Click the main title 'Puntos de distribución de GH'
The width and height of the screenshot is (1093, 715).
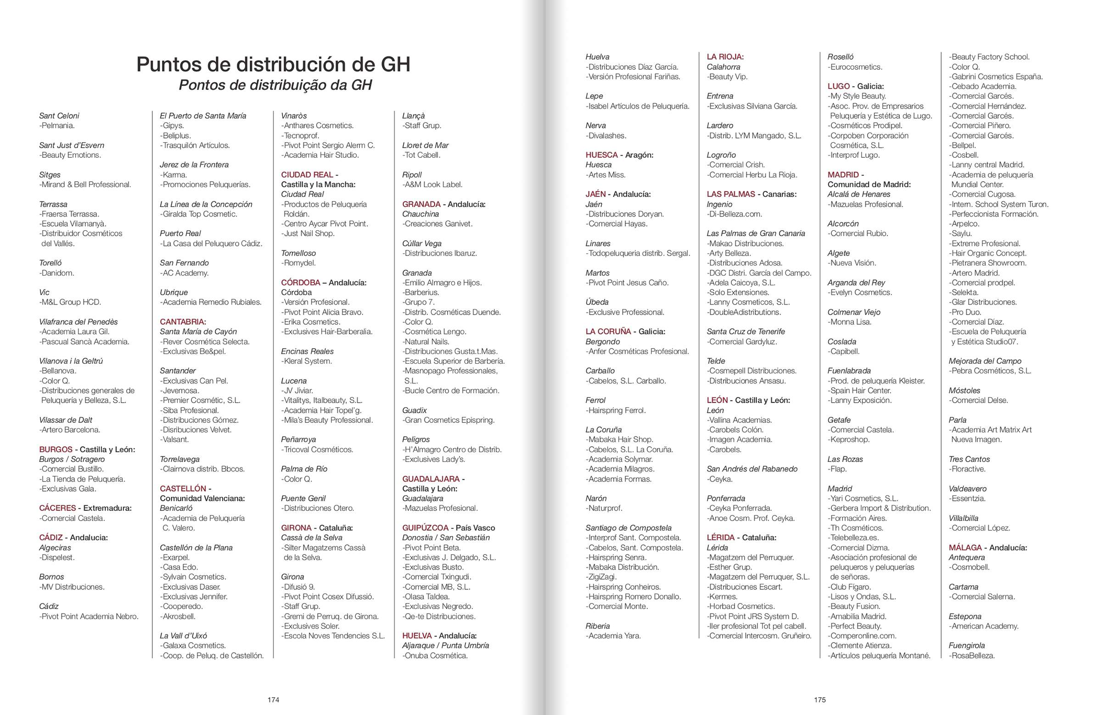pyautogui.click(x=273, y=64)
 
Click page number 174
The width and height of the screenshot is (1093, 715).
pyautogui.click(x=273, y=700)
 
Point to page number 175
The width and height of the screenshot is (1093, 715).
pyautogui.click(x=820, y=700)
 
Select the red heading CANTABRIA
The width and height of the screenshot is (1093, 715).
pyautogui.click(x=182, y=321)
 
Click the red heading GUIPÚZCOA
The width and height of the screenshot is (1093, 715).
pyautogui.click(x=425, y=528)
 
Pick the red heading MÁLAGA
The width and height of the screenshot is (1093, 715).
pyautogui.click(x=965, y=548)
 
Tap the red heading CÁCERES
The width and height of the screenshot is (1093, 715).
pyautogui.click(x=57, y=508)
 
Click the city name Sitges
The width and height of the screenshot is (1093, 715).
pyautogui.click(x=50, y=175)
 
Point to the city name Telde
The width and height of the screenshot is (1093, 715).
pyautogui.click(x=716, y=361)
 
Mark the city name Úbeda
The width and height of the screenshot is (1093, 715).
pyautogui.click(x=597, y=302)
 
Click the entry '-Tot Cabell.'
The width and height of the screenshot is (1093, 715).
pyautogui.click(x=421, y=155)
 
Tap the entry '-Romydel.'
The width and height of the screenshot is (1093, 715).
pyautogui.click(x=298, y=263)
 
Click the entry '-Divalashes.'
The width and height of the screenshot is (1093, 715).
pyautogui.click(x=606, y=136)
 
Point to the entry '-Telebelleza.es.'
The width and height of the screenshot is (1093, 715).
pyautogui.click(x=853, y=538)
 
